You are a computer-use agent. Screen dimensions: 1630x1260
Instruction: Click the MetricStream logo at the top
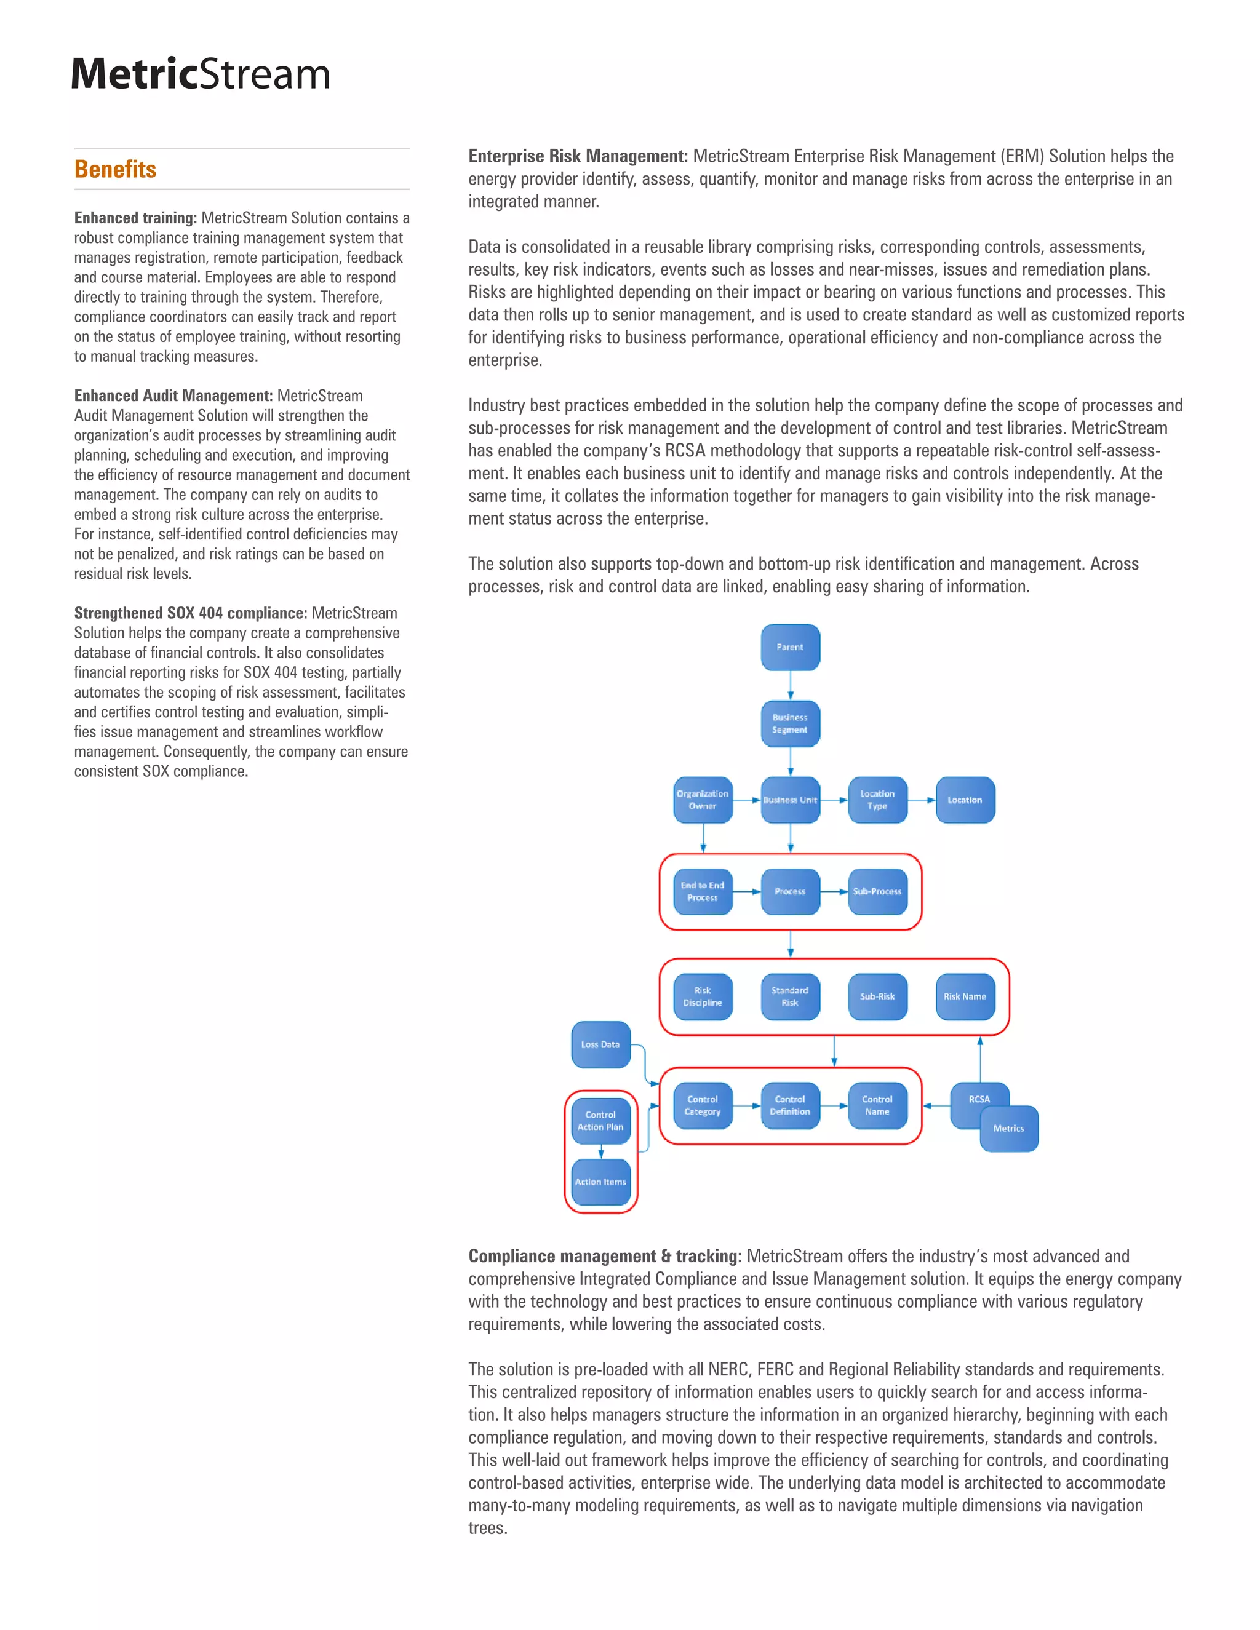click(x=200, y=74)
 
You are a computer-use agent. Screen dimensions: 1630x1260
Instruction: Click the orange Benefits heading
click(x=115, y=169)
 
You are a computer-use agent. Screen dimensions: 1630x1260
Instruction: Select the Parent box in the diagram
click(x=790, y=647)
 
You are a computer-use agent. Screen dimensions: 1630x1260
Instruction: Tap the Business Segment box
click(x=790, y=723)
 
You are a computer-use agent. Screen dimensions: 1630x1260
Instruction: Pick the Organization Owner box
click(x=703, y=800)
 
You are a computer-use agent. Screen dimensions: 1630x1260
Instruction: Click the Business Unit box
click(x=790, y=800)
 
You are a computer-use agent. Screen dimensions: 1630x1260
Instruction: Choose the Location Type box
click(x=877, y=800)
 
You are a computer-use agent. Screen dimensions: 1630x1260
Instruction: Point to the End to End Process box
click(x=703, y=891)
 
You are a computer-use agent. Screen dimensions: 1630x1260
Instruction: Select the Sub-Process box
click(x=877, y=891)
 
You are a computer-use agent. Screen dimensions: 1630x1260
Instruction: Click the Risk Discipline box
click(x=703, y=996)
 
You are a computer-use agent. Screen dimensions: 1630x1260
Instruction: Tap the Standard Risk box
click(x=790, y=996)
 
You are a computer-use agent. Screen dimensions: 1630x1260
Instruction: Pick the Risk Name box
click(x=965, y=996)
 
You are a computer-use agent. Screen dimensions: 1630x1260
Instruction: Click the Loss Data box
click(x=600, y=1044)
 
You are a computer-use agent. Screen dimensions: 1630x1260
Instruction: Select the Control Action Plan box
click(x=600, y=1120)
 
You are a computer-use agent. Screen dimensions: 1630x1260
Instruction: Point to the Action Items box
click(x=600, y=1182)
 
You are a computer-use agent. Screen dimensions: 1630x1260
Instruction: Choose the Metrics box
click(x=1008, y=1129)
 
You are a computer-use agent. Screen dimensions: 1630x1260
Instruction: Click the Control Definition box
click(x=790, y=1105)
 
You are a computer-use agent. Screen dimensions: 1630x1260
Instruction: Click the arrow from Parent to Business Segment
click(x=791, y=685)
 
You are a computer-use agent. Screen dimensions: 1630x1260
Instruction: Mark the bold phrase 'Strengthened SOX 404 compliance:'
click(x=190, y=613)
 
